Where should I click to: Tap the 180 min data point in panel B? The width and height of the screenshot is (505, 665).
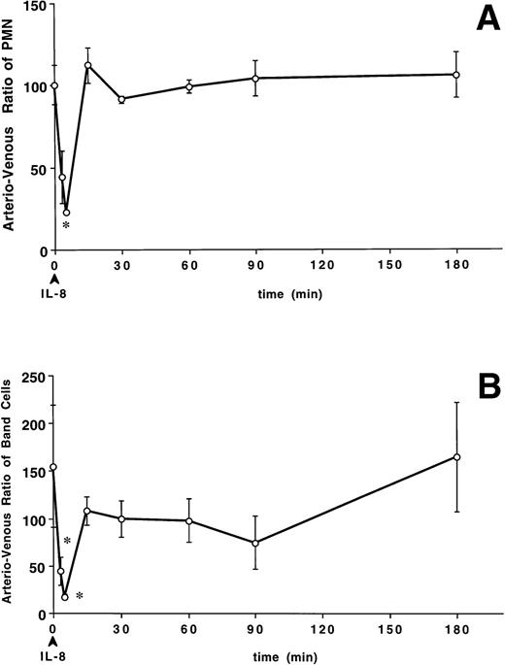(456, 457)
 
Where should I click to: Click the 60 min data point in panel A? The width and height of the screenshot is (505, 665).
(189, 86)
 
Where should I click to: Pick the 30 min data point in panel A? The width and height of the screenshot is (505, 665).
(121, 99)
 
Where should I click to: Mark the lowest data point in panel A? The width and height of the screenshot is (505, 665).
(66, 213)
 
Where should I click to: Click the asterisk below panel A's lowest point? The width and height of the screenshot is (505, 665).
(66, 227)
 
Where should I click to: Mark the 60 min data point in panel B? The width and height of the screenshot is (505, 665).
(189, 521)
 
